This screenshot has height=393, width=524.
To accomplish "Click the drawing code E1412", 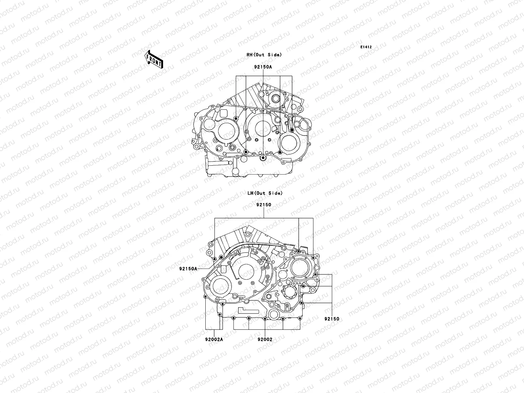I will [x=366, y=47].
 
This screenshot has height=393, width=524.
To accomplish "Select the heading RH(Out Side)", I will [x=264, y=55].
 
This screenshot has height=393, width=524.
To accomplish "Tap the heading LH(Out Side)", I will [x=265, y=194].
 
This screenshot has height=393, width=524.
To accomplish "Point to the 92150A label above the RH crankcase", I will [x=263, y=67].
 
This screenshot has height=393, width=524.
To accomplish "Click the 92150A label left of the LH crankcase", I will [x=188, y=269].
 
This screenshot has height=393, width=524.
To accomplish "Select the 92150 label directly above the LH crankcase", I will [x=264, y=205].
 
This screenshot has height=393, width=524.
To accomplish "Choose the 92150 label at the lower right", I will [x=332, y=319].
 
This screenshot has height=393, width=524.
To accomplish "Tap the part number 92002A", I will [x=215, y=340].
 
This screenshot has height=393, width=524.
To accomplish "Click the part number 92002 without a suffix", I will [x=265, y=340].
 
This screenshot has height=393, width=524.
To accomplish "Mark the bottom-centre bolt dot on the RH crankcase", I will [x=263, y=159].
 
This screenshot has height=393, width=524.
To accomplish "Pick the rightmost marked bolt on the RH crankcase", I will [x=292, y=130].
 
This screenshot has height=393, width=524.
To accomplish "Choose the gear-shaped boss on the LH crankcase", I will [x=289, y=292].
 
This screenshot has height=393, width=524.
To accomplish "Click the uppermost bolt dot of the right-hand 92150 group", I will [x=315, y=273].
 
